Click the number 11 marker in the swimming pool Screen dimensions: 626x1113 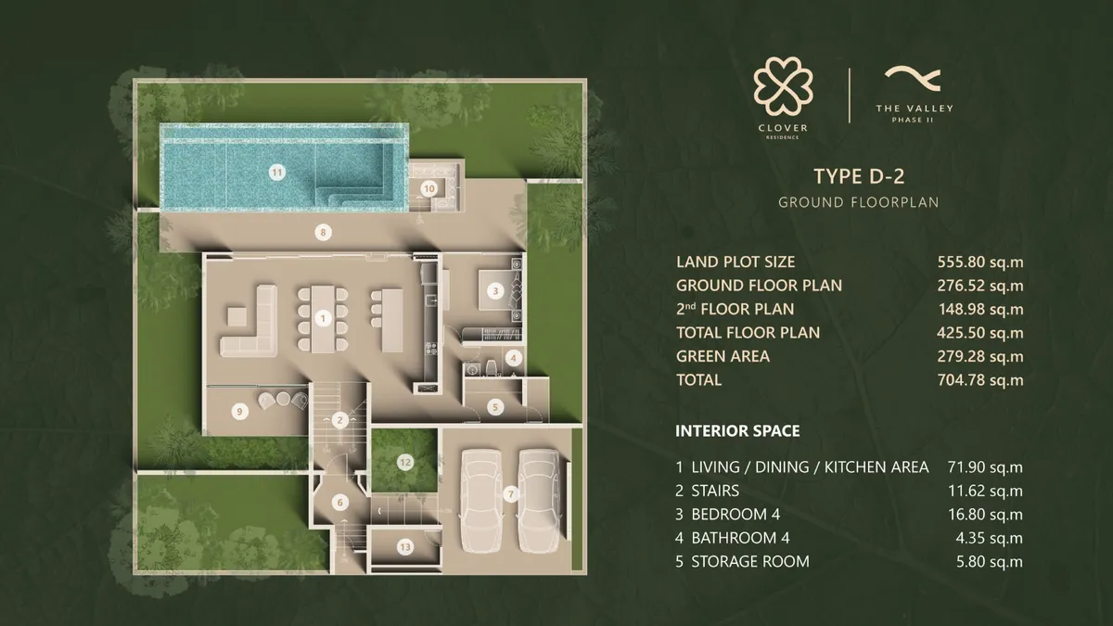point(275,171)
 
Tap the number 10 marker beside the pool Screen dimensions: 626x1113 point(429,187)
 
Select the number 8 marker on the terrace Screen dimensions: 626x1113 point(323,233)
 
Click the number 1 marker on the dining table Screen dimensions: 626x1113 point(323,318)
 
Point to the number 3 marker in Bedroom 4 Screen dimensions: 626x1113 point(496,291)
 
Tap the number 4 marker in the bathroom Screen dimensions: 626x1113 point(514,357)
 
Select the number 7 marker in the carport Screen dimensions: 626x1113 point(509,494)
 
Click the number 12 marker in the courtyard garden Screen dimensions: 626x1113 point(404,461)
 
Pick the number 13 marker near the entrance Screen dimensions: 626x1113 point(404,547)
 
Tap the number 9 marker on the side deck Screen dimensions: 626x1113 point(239,411)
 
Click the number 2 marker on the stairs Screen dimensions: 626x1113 point(340,420)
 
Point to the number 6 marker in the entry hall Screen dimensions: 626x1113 point(340,502)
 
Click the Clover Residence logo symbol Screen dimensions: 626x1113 point(784,88)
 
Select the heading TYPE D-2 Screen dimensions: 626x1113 point(858,176)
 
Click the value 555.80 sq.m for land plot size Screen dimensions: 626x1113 point(979,262)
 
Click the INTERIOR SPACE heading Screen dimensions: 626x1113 point(737,431)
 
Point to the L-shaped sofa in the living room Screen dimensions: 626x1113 point(247,325)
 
